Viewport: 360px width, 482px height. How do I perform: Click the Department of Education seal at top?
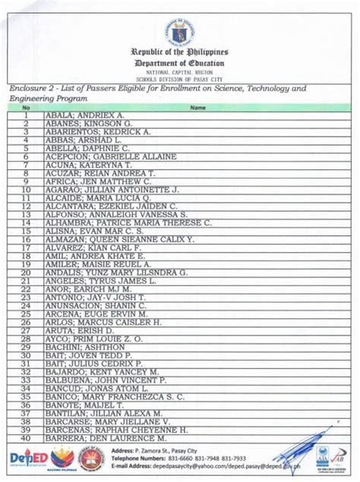click(x=180, y=30)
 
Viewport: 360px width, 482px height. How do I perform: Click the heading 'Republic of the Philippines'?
click(x=180, y=52)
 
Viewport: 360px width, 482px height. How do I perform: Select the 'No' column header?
click(x=25, y=108)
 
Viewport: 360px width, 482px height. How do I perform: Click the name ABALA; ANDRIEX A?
click(x=84, y=115)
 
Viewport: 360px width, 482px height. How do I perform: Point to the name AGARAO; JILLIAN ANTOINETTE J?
click(x=112, y=189)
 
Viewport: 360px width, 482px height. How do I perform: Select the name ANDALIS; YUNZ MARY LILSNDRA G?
click(x=116, y=273)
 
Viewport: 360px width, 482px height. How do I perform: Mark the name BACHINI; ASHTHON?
click(x=80, y=347)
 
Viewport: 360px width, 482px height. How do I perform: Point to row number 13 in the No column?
click(x=25, y=214)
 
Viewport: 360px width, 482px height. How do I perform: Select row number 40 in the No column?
click(x=25, y=437)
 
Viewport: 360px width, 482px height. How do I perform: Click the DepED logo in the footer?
click(x=29, y=458)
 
